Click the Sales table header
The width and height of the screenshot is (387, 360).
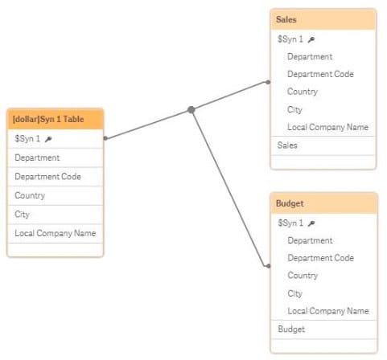[x=323, y=19]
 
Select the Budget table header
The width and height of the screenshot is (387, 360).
[x=324, y=203]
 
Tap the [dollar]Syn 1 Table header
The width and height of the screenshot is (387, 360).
[x=56, y=119]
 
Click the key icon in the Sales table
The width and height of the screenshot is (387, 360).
[x=311, y=40]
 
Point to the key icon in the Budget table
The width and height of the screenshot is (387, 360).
[x=311, y=223]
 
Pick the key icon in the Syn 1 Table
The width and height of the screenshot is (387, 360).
[x=48, y=139]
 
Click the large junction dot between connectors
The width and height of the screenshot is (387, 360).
[x=191, y=109]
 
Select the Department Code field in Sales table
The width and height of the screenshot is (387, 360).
[x=320, y=74]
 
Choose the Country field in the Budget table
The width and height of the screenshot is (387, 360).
[x=303, y=276]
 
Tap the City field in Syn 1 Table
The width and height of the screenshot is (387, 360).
[x=22, y=215]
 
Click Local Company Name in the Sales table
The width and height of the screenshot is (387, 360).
[x=327, y=127]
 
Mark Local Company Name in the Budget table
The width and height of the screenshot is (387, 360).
[x=328, y=311]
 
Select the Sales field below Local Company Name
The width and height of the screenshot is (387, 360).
[x=287, y=145]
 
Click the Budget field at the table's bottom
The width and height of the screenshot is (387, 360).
[x=291, y=329]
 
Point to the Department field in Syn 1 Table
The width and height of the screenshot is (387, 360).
[x=37, y=157]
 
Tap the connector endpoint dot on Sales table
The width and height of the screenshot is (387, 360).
[x=268, y=82]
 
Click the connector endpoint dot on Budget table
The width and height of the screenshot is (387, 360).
[x=268, y=266]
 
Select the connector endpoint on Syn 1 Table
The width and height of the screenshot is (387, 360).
[x=105, y=138]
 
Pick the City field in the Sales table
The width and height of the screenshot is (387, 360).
[x=294, y=109]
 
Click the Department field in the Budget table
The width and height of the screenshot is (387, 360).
[x=310, y=240]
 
